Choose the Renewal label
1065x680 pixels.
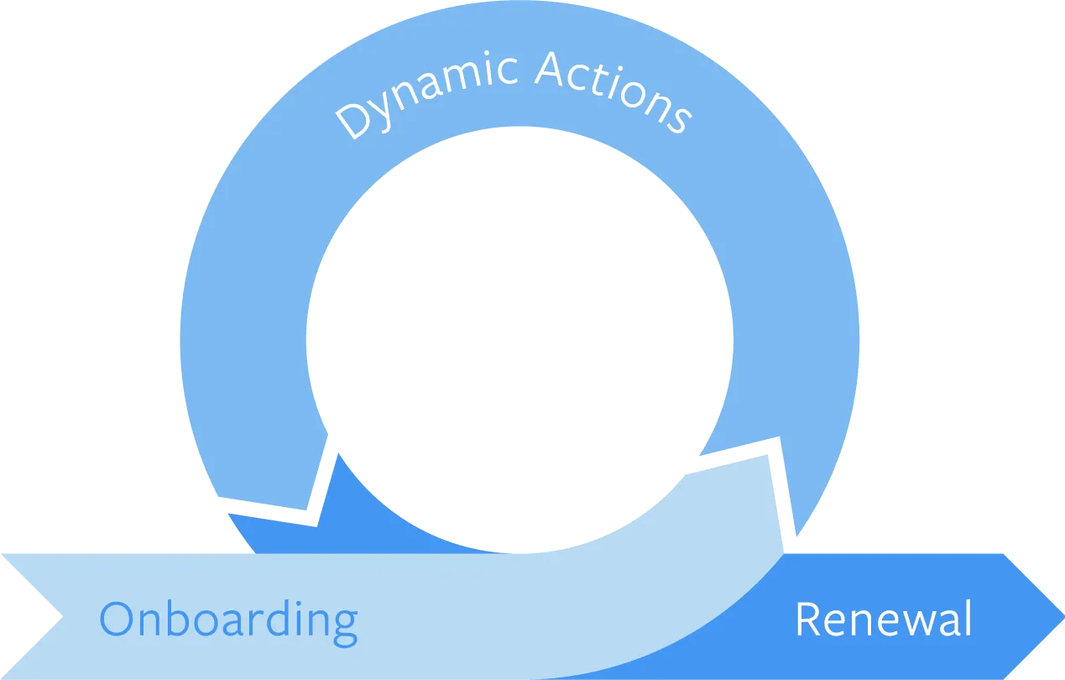883,620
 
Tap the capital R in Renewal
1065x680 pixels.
808,620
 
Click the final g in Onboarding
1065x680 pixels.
344,625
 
